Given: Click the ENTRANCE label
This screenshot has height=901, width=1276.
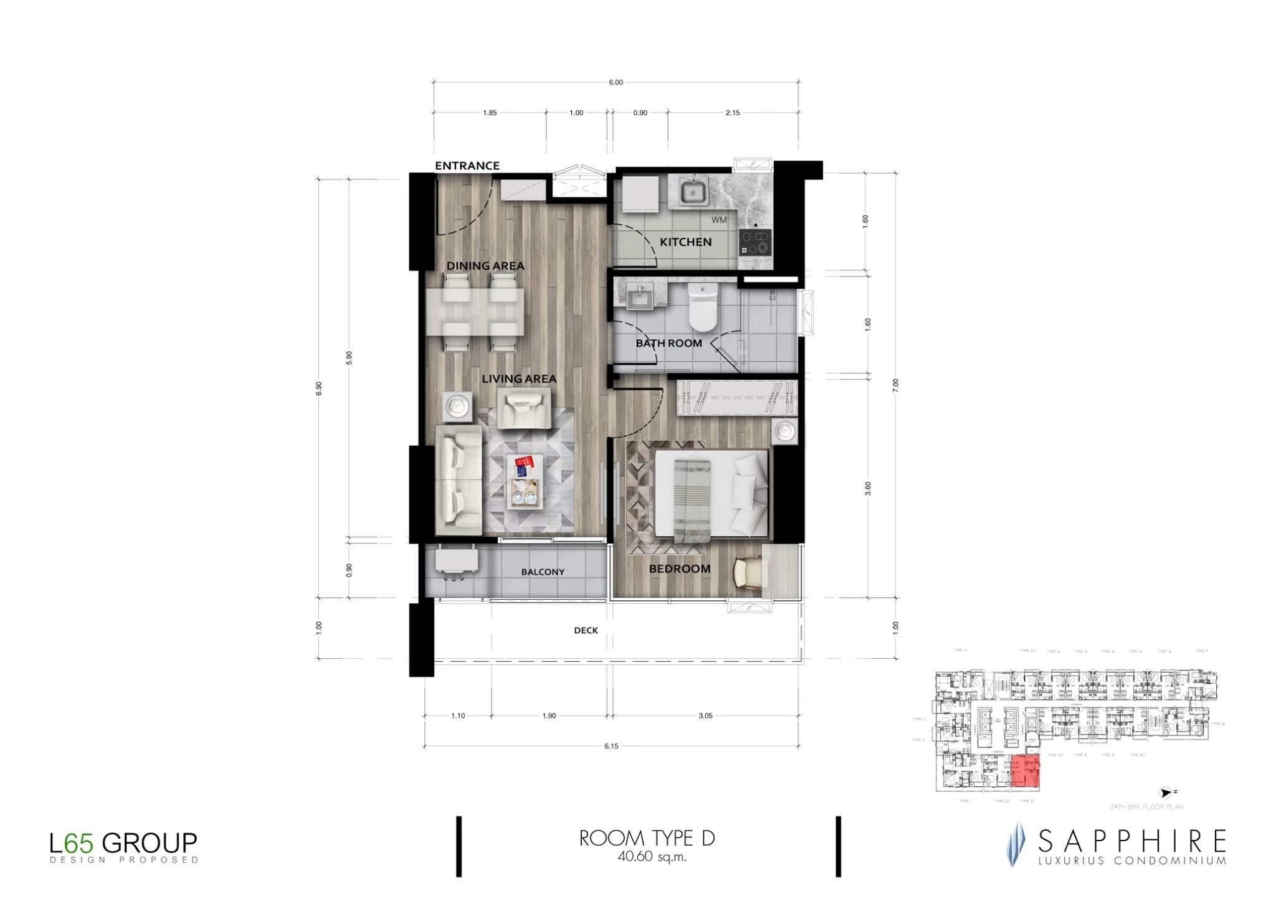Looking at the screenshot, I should click(x=467, y=166).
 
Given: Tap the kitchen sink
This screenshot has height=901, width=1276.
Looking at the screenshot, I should click(x=692, y=193).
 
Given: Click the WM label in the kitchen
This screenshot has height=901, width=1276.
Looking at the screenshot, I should click(x=718, y=220).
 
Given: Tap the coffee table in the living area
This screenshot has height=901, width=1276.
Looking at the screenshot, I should click(x=525, y=481).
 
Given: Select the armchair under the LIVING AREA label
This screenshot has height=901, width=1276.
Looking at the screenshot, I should click(x=523, y=408).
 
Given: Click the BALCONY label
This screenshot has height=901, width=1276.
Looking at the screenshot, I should click(x=543, y=572).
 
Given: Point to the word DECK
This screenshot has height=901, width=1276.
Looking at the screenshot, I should click(x=586, y=630).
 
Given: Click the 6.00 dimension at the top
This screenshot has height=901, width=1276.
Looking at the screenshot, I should click(x=616, y=82).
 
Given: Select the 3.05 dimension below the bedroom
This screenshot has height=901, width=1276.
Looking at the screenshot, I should click(x=705, y=716).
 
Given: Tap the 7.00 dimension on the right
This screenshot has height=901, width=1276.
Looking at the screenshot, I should click(x=895, y=385).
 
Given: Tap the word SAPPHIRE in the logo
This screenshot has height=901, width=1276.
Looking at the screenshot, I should click(x=1131, y=842).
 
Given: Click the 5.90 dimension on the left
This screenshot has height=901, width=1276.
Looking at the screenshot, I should click(x=349, y=357).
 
